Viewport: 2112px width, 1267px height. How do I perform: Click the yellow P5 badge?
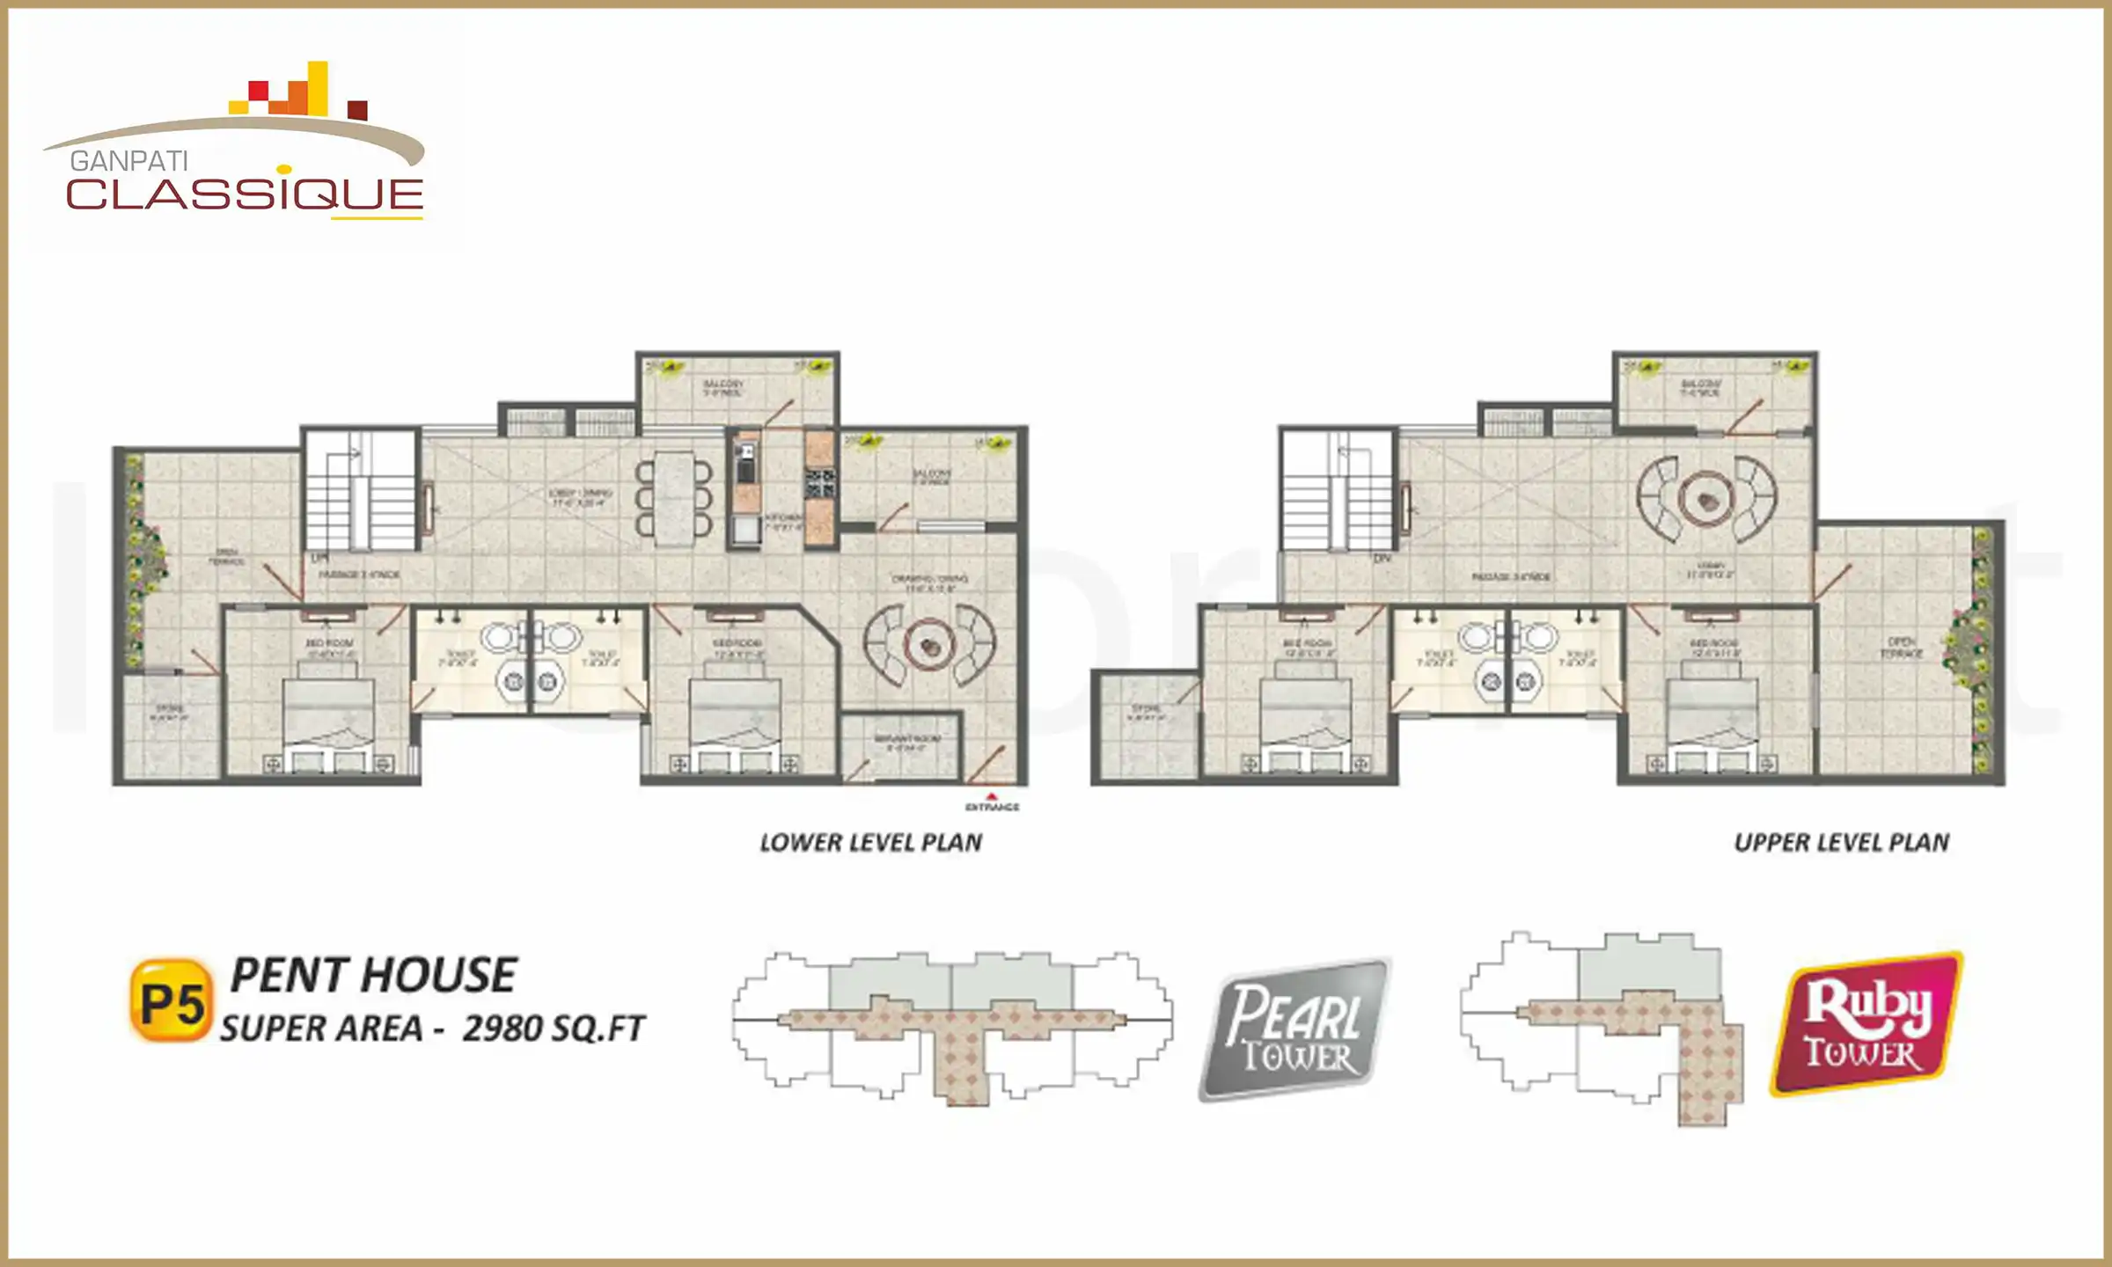click(x=171, y=1002)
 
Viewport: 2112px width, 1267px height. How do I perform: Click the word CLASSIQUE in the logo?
click(x=245, y=195)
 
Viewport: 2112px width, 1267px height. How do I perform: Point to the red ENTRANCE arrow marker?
click(x=992, y=797)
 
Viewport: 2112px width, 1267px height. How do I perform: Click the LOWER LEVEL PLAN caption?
click(x=870, y=843)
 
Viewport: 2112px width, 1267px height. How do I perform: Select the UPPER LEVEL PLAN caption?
click(x=1842, y=843)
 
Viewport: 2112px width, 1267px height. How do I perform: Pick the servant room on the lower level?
click(x=901, y=748)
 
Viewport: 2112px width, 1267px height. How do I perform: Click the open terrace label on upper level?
click(x=1901, y=648)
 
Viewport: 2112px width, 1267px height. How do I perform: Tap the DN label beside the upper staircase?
click(x=1382, y=559)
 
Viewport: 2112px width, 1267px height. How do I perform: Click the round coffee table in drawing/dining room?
click(x=930, y=647)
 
